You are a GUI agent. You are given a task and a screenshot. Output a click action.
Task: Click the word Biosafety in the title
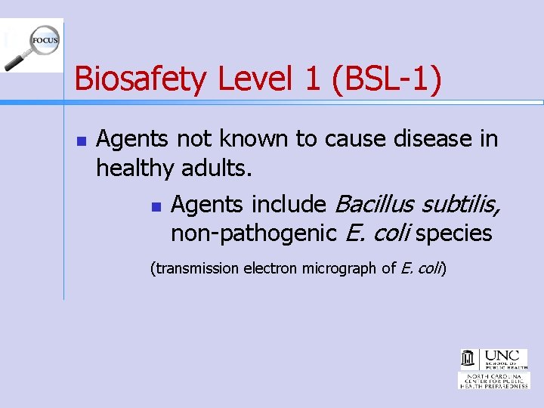142,79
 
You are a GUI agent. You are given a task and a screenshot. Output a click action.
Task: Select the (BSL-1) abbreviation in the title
386,79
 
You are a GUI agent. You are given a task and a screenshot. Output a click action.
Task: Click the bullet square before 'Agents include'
156,206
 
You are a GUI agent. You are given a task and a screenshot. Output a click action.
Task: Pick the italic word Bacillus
374,204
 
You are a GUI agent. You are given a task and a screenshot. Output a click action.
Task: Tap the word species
453,233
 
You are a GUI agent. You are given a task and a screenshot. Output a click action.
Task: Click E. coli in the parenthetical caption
422,268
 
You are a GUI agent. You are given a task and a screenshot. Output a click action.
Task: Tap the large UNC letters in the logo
500,354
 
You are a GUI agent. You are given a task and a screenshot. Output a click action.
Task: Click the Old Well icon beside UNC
468,358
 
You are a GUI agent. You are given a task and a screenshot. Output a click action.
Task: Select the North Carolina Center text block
494,380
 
